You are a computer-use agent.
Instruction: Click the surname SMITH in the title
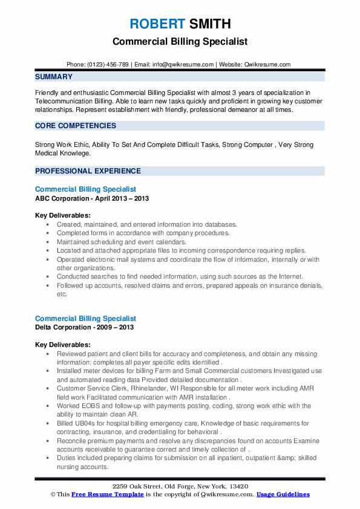click(x=209, y=24)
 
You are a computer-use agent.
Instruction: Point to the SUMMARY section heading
click(x=54, y=77)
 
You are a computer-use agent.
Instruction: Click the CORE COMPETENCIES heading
click(x=76, y=126)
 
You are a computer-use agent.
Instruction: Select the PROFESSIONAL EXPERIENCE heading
click(x=88, y=171)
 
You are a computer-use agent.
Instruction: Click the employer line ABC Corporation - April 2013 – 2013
click(x=92, y=198)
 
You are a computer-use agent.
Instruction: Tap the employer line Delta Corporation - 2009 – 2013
click(x=84, y=327)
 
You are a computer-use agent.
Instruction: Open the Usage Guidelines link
click(x=283, y=494)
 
